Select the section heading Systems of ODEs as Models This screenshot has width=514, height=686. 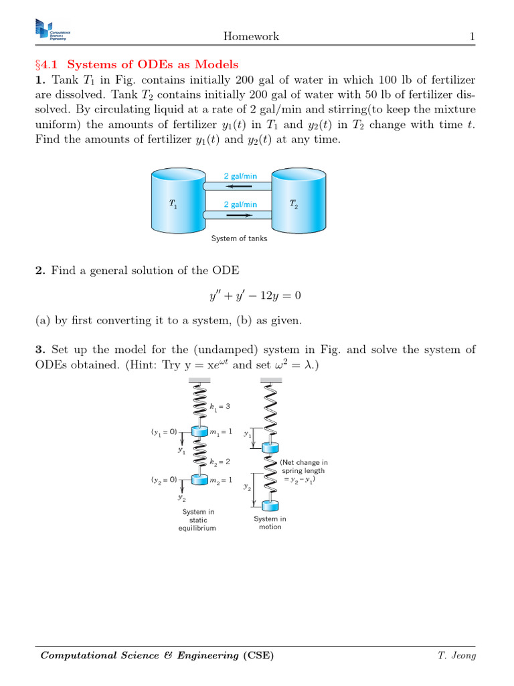point(153,64)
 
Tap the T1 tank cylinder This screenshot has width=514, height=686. point(174,200)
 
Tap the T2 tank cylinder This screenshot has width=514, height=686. point(298,200)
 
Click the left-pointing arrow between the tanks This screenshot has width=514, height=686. point(239,186)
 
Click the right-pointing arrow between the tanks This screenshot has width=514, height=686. point(239,215)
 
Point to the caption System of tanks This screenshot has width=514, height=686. point(239,238)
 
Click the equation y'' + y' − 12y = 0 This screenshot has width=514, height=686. point(256,295)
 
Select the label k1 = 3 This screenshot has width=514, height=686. point(220,407)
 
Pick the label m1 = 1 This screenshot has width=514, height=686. point(222,432)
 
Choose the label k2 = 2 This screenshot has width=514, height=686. point(220,462)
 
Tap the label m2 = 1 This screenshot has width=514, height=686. point(222,480)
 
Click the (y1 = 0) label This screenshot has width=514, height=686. point(164,432)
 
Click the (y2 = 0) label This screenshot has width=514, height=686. point(164,480)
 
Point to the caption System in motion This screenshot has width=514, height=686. point(270,523)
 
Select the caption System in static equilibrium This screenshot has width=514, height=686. point(198,520)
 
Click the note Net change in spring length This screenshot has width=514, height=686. point(304,471)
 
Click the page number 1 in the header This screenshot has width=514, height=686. point(472,36)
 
